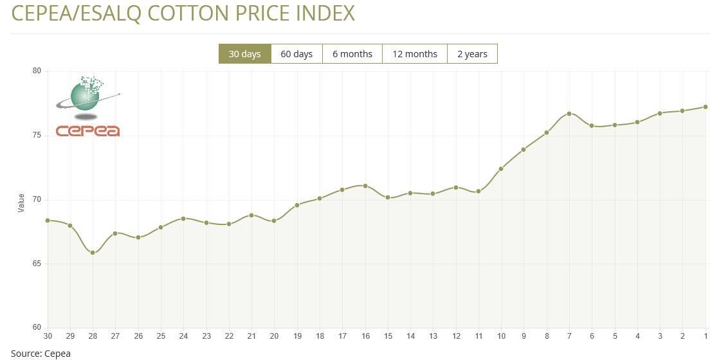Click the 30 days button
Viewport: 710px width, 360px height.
[x=245, y=54]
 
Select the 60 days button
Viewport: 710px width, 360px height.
[x=296, y=54]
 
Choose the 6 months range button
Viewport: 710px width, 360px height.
[x=352, y=54]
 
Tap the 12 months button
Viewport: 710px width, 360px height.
[x=415, y=54]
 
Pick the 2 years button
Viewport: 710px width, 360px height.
[x=472, y=54]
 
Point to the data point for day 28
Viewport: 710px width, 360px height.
[x=93, y=253]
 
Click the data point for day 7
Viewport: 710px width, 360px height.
[x=569, y=114]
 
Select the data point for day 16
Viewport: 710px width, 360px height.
[x=365, y=186]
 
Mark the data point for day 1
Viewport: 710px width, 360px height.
[x=705, y=107]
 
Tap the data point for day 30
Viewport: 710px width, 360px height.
[x=48, y=221]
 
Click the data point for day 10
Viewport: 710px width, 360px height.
[x=501, y=169]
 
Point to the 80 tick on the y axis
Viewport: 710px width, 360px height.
[x=37, y=71]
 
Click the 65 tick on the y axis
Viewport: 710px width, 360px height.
[x=37, y=264]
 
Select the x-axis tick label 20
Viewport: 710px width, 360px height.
[x=274, y=336]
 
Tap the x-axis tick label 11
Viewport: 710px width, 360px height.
[x=478, y=336]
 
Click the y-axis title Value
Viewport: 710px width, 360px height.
[x=21, y=203]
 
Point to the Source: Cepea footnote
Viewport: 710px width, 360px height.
[x=41, y=353]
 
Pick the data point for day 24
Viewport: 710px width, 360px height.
[x=183, y=219]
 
